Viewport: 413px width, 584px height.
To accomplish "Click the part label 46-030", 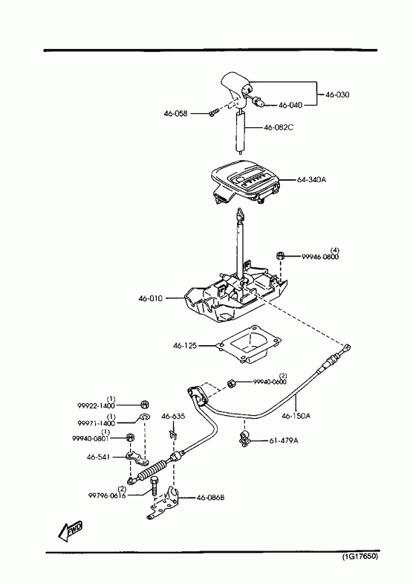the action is (337, 94).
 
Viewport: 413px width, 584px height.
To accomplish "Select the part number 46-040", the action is (290, 106).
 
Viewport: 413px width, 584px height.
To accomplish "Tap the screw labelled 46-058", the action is (213, 112).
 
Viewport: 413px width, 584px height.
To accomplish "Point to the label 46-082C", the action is (279, 127).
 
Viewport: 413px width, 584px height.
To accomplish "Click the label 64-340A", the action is (311, 180).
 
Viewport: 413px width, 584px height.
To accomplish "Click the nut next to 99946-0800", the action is (281, 256).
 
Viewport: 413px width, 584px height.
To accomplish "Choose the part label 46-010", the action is (151, 298).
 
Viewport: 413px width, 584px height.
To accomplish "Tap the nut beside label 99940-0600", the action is (231, 383).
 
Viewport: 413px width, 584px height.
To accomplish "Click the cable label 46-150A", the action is (296, 416).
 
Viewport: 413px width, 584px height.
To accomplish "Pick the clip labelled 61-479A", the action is (245, 438).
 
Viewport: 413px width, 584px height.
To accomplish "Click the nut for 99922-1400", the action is (145, 404).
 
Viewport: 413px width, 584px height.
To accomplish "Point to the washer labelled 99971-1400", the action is (144, 417).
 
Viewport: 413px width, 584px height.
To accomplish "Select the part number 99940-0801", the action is (90, 439).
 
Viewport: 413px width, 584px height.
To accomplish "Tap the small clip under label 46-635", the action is (172, 434).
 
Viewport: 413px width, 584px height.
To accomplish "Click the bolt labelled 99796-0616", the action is (155, 486).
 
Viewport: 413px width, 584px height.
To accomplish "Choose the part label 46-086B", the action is (210, 498).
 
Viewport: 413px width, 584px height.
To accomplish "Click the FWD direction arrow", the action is (71, 530).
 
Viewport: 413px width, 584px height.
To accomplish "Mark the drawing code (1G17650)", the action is (360, 556).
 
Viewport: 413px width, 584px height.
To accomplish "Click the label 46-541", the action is (99, 457).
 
